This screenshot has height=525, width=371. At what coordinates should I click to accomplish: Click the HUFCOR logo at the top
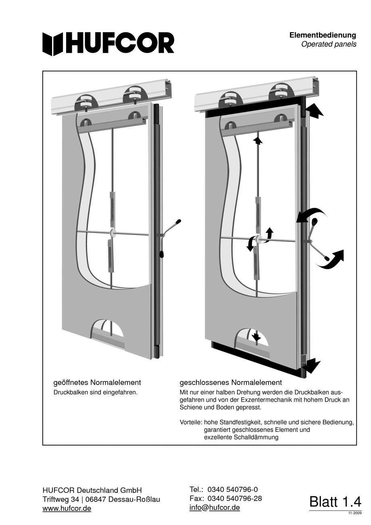[x=108, y=43]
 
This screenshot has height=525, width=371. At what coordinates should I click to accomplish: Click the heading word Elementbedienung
[x=323, y=36]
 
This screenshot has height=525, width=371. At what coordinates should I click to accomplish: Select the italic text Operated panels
[x=329, y=44]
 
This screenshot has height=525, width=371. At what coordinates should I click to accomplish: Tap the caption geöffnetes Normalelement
[x=97, y=382]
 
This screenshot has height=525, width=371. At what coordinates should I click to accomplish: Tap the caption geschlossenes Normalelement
[x=230, y=382]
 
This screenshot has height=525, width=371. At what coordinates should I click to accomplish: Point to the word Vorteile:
[x=191, y=423]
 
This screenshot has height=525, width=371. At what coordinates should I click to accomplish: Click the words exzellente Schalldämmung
[x=241, y=437]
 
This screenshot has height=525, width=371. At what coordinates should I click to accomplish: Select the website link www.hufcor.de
[x=67, y=508]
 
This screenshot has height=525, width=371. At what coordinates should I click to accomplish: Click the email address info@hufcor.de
[x=215, y=508]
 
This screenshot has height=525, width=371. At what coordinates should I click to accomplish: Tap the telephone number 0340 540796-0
[x=232, y=489]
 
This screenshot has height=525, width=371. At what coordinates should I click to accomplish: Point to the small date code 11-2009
[x=355, y=513]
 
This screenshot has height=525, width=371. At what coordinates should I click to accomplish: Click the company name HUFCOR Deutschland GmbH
[x=92, y=490]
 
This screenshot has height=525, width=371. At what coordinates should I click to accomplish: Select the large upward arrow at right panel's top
[x=315, y=110]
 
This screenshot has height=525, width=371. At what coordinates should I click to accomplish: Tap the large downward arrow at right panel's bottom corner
[x=312, y=365]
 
